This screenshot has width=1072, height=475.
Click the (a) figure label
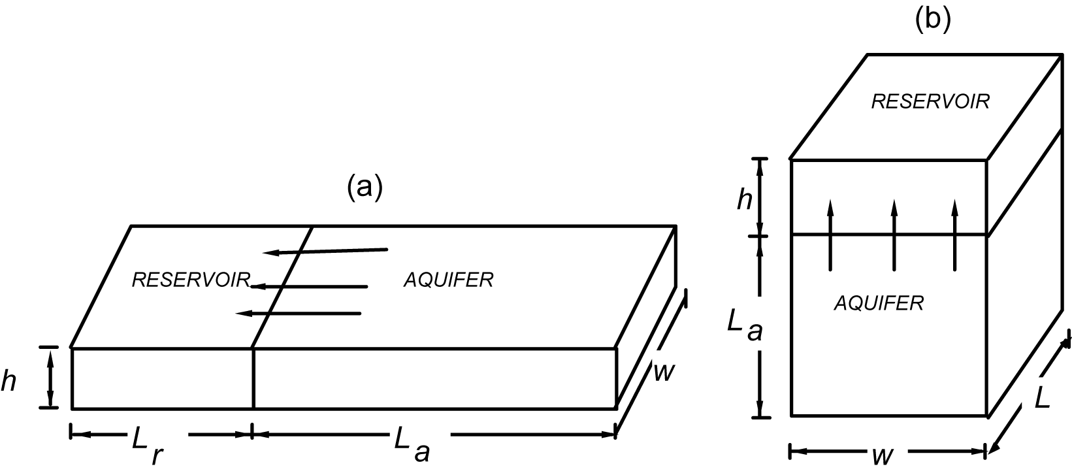[364, 187]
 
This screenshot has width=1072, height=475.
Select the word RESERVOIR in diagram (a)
[191, 280]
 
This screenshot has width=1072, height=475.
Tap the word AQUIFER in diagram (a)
[448, 280]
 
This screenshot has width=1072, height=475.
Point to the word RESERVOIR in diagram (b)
[930, 101]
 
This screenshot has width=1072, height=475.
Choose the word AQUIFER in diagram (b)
[879, 303]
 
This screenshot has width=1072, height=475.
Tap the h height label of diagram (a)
[8, 382]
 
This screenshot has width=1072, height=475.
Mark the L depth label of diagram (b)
[1042, 397]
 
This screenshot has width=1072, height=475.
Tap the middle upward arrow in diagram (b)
[894, 235]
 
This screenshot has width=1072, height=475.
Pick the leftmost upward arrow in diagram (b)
[830, 235]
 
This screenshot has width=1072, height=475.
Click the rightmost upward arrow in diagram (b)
[955, 235]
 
